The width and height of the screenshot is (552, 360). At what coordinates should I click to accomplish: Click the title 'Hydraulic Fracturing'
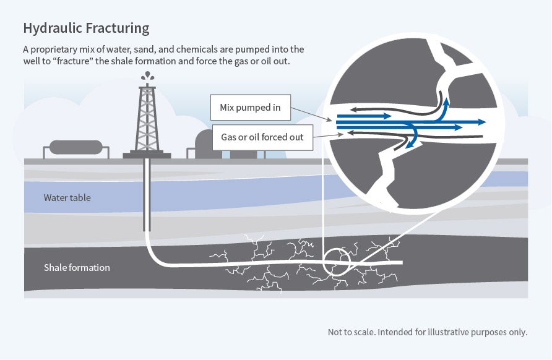(x=86, y=28)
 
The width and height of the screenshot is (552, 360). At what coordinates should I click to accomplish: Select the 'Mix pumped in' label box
(x=250, y=108)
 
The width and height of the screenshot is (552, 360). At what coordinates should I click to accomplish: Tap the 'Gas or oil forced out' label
(x=262, y=137)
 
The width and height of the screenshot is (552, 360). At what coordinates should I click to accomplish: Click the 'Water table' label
(x=67, y=198)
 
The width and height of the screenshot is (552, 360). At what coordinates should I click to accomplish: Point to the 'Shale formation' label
(x=77, y=268)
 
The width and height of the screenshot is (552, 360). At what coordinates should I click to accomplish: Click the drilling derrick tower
(x=147, y=118)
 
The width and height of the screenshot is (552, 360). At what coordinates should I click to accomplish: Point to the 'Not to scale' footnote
(x=427, y=332)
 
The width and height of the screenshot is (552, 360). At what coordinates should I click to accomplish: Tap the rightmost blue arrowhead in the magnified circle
(x=481, y=122)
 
